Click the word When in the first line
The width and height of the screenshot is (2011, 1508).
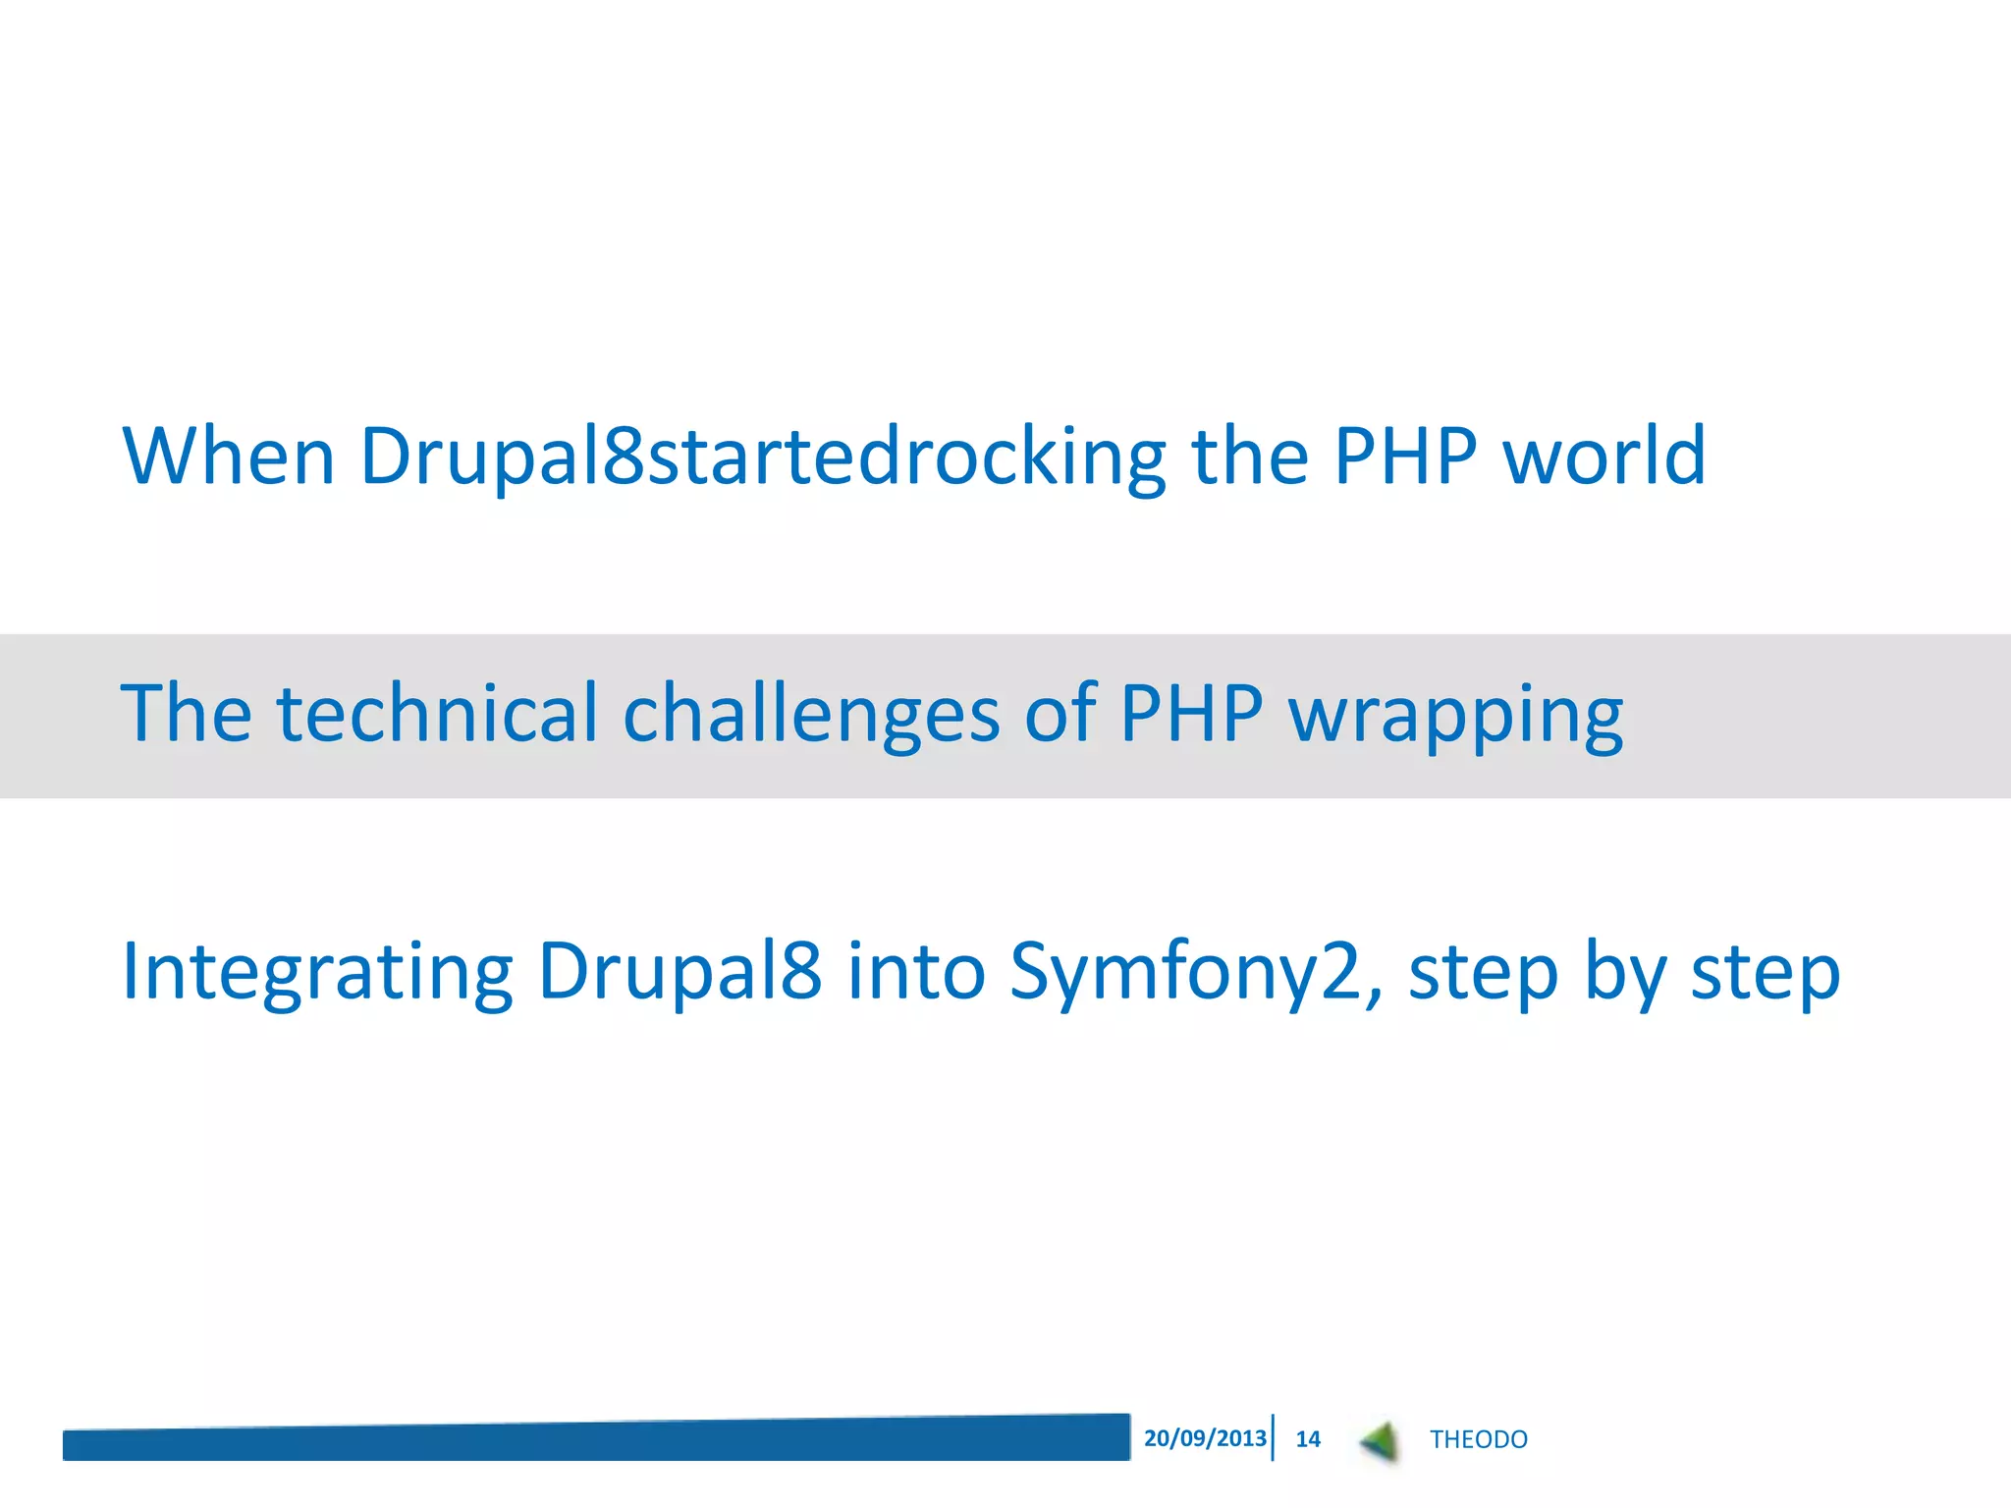[228, 457]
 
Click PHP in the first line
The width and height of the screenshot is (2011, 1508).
[1405, 457]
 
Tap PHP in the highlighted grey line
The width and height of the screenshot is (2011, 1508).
[1190, 714]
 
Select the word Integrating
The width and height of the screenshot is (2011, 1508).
[316, 973]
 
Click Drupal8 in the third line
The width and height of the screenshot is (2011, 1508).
[679, 973]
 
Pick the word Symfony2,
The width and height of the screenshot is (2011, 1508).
[1196, 973]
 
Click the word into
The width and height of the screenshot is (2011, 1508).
[915, 971]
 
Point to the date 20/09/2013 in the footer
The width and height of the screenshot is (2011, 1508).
[1205, 1438]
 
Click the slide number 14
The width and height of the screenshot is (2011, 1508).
[1308, 1439]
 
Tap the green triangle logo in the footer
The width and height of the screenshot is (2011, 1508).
[1380, 1441]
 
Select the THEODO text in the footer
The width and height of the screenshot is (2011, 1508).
[1478, 1439]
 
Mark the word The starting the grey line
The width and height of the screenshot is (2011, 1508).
[186, 714]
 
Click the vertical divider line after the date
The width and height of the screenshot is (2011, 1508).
[1273, 1437]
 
